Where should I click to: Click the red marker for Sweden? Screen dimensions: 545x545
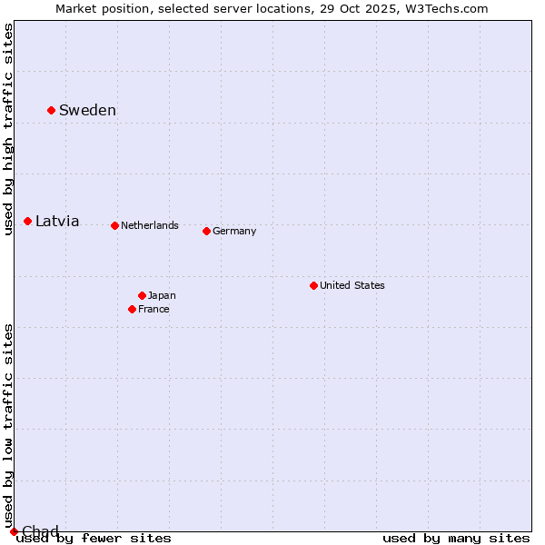click(51, 111)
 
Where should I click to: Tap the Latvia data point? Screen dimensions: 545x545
click(28, 222)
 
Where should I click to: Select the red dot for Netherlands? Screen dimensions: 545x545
click(114, 225)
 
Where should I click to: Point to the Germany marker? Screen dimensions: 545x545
click(206, 231)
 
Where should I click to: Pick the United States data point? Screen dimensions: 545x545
click(313, 285)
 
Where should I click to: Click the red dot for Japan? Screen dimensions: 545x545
click(142, 295)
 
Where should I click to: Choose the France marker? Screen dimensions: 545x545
click(132, 309)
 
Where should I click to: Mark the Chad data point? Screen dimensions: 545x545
click(14, 531)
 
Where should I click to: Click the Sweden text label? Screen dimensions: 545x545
click(87, 111)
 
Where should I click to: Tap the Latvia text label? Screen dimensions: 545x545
click(57, 222)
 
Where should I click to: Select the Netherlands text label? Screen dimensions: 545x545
click(150, 225)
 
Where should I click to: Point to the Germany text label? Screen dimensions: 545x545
click(234, 231)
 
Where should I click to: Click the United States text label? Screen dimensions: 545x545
click(352, 285)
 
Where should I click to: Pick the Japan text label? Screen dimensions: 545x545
click(162, 295)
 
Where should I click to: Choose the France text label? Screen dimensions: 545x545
click(154, 309)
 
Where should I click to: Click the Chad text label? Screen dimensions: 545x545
click(40, 531)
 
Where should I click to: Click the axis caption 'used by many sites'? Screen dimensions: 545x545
click(456, 539)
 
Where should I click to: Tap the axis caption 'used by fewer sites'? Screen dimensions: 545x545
click(94, 539)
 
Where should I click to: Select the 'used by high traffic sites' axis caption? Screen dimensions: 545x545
click(8, 129)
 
